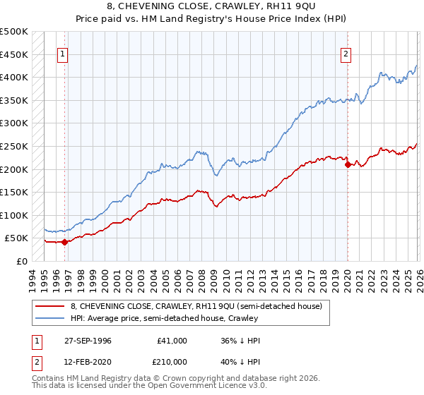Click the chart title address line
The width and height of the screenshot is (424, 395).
(211, 6)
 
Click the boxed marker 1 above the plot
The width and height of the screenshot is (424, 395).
(62, 54)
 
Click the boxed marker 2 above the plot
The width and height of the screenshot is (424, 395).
(346, 54)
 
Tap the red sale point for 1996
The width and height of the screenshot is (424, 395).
(64, 242)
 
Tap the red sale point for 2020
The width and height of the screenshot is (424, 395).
(348, 164)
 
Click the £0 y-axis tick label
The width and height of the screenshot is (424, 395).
(22, 261)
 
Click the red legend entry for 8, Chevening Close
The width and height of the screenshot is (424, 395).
(196, 306)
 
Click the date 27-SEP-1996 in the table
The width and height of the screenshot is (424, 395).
(93, 341)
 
